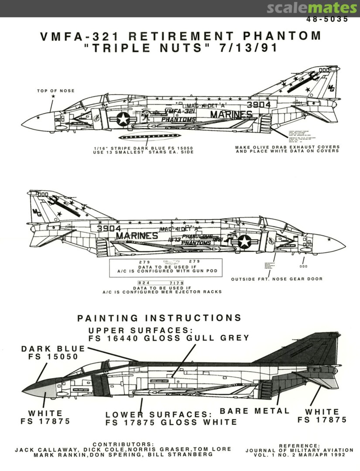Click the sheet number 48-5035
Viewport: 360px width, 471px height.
[x=327, y=19]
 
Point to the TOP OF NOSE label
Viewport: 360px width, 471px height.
[x=55, y=91]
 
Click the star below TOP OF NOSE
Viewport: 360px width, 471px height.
[x=54, y=96]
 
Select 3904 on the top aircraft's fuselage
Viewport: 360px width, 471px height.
[x=258, y=105]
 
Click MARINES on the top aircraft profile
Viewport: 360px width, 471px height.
[x=231, y=115]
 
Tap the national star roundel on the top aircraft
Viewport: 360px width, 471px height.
[x=123, y=119]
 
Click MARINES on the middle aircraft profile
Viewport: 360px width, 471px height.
[x=137, y=235]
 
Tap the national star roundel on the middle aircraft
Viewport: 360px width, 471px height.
[x=244, y=241]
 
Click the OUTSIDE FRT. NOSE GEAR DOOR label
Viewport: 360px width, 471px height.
[x=277, y=279]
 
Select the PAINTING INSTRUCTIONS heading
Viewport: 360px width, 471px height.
[x=159, y=318]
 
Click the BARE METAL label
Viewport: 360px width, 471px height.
[x=254, y=411]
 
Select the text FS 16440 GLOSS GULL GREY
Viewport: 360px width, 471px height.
[x=168, y=338]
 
